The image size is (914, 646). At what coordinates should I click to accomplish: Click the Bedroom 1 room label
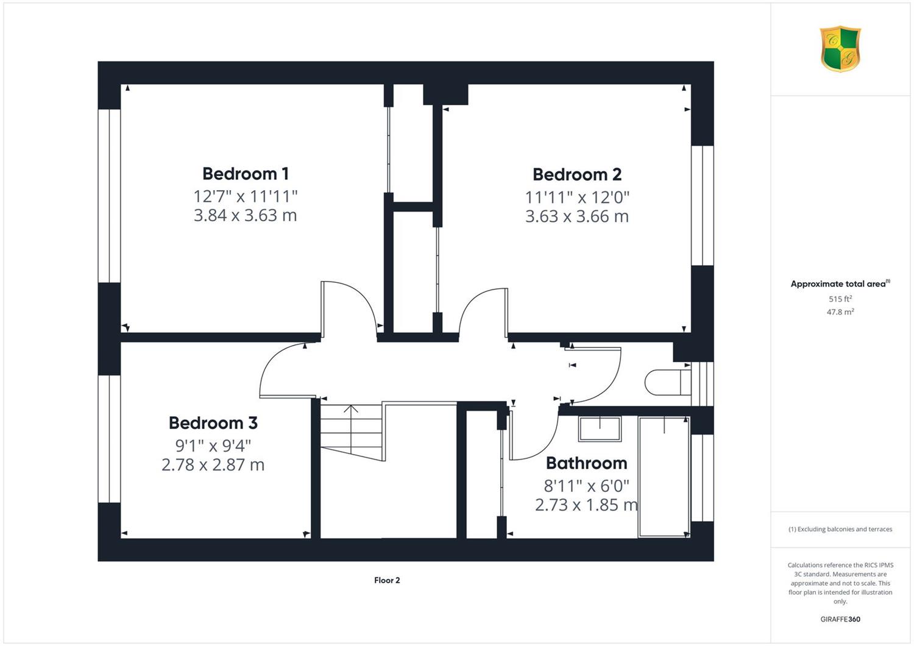tap(246, 174)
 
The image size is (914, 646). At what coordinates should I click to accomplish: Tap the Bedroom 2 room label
tap(577, 175)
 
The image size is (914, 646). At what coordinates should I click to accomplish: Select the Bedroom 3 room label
tap(213, 423)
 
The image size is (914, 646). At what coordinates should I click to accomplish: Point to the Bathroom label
tap(586, 463)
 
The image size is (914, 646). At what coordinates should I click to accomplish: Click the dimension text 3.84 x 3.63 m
tap(245, 215)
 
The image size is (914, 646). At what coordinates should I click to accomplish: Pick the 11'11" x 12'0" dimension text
tap(577, 197)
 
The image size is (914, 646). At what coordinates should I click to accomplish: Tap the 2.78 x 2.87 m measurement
tap(213, 465)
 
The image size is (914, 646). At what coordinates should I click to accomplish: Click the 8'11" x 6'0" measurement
tap(586, 486)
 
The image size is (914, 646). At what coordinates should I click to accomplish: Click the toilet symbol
tap(668, 382)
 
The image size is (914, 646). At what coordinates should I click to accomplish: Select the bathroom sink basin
tap(600, 429)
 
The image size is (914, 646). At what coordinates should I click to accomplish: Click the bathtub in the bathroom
tap(664, 477)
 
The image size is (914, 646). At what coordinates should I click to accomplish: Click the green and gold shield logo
tap(840, 49)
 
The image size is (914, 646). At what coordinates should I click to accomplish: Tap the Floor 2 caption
tap(387, 580)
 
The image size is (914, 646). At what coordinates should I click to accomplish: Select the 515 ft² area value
tap(840, 299)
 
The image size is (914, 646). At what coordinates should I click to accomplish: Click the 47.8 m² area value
tap(840, 312)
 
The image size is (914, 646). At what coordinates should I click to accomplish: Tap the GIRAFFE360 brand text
tap(840, 619)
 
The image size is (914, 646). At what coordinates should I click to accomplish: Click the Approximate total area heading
tap(840, 283)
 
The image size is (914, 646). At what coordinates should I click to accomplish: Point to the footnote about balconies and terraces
tap(840, 529)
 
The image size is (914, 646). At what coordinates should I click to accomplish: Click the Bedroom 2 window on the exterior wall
tap(702, 205)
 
